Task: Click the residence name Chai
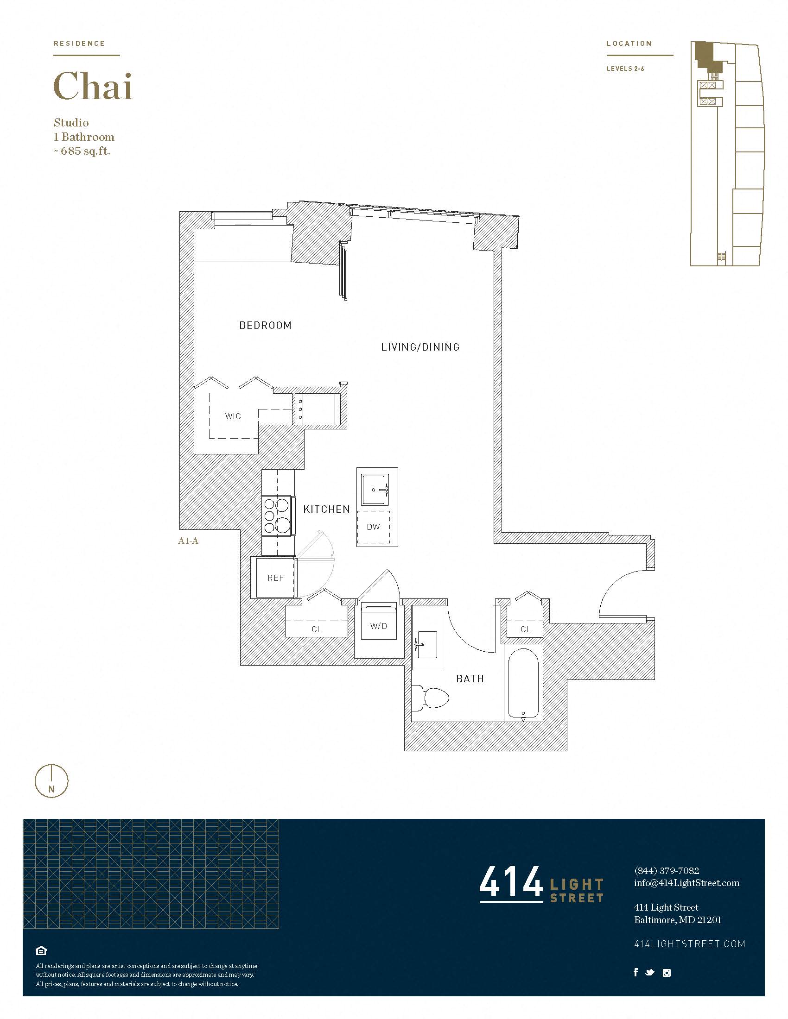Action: pos(93,86)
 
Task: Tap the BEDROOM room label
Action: pos(265,325)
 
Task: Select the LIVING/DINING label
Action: pos(420,347)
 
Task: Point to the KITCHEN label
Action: pos(326,509)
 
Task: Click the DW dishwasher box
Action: pos(374,527)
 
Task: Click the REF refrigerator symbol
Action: pos(275,578)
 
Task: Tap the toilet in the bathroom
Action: pos(431,698)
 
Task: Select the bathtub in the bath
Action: pos(523,684)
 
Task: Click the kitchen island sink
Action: pos(375,490)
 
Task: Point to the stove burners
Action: pos(277,516)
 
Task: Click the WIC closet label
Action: pos(233,416)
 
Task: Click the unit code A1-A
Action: pos(188,541)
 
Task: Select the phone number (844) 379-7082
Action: pos(666,871)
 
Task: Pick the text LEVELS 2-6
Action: pos(625,69)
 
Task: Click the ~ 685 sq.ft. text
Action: pos(82,151)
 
